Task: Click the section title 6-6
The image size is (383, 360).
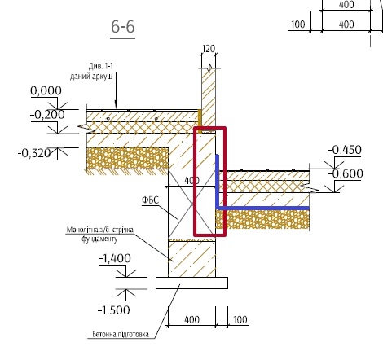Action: coord(123,27)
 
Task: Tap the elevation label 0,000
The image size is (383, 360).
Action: coord(46,90)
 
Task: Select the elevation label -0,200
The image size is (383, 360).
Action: coord(47,115)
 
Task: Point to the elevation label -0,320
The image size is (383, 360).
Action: coord(34,153)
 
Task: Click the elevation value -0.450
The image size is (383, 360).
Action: coord(345,150)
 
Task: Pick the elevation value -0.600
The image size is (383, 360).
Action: coord(346,173)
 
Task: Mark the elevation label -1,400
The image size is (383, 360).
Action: coord(114,258)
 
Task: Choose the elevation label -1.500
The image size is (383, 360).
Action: coord(113,310)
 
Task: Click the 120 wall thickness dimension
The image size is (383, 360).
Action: coord(209,49)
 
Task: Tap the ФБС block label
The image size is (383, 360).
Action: coord(150,200)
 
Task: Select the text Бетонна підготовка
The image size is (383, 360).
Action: coord(121,334)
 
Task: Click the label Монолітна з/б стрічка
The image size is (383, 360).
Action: coord(100,230)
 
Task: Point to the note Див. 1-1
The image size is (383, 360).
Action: coord(101,66)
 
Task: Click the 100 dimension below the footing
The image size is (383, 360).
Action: coord(240,319)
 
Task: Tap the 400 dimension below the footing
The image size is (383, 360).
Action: coord(191,319)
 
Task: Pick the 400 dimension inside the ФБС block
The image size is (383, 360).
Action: coord(191,181)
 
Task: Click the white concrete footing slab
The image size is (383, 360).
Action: coord(191,283)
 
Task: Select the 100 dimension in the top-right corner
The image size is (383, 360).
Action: coord(298,24)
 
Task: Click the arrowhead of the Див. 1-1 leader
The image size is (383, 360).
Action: coord(116,105)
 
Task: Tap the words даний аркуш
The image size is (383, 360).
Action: coord(91,77)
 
